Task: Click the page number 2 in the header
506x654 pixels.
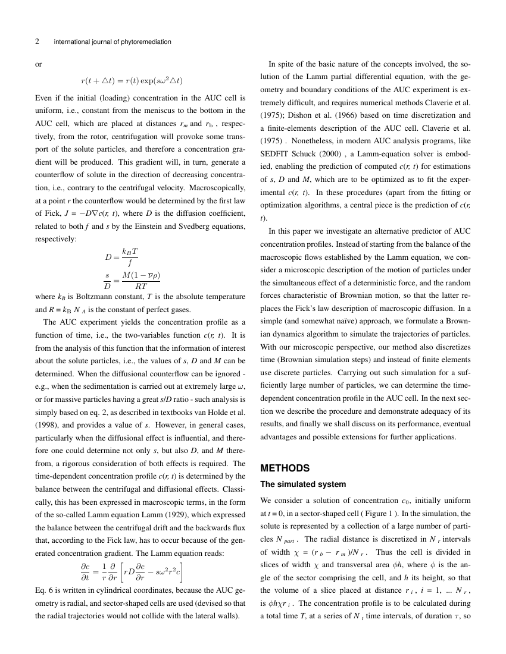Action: tap(37, 42)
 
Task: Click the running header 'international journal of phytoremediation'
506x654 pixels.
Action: tap(112, 42)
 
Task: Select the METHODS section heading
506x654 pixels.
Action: tap(285, 468)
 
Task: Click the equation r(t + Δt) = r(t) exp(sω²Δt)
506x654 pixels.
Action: tap(132, 80)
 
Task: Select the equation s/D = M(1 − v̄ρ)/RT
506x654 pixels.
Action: tap(132, 279)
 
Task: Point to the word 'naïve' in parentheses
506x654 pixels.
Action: tap(347, 322)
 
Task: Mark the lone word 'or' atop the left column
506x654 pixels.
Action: tap(39, 62)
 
